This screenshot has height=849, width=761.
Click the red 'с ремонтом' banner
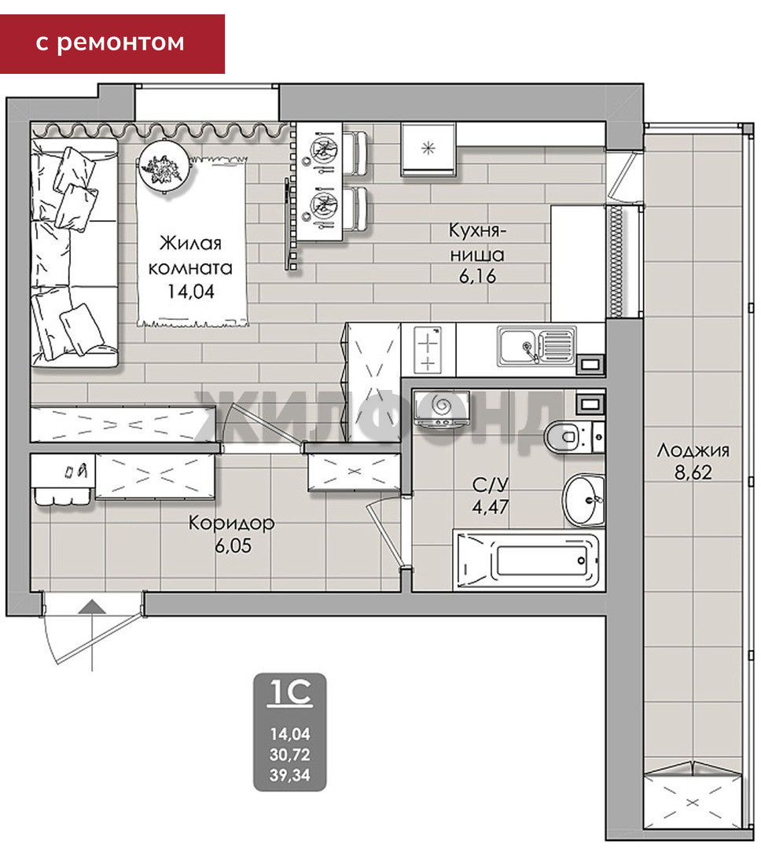click(x=112, y=44)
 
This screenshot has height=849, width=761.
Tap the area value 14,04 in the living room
click(x=191, y=292)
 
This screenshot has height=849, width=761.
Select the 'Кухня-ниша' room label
click(x=477, y=242)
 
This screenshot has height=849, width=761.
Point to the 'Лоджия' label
click(x=693, y=450)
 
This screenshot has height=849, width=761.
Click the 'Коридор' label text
click(x=232, y=523)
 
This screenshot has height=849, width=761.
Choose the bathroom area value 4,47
click(x=491, y=507)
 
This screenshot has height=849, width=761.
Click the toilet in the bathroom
click(x=574, y=436)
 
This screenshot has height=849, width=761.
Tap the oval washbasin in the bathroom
click(x=584, y=500)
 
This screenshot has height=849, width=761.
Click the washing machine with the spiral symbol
click(x=442, y=408)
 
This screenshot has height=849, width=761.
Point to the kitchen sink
click(x=537, y=345)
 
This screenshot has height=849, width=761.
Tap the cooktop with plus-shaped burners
click(x=428, y=350)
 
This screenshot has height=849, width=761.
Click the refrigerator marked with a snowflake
click(x=428, y=149)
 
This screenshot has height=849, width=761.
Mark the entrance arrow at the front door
click(x=92, y=607)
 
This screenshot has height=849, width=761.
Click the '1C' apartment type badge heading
click(x=290, y=693)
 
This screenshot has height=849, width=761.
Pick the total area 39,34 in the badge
click(x=290, y=775)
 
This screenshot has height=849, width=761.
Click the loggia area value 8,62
click(x=693, y=472)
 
